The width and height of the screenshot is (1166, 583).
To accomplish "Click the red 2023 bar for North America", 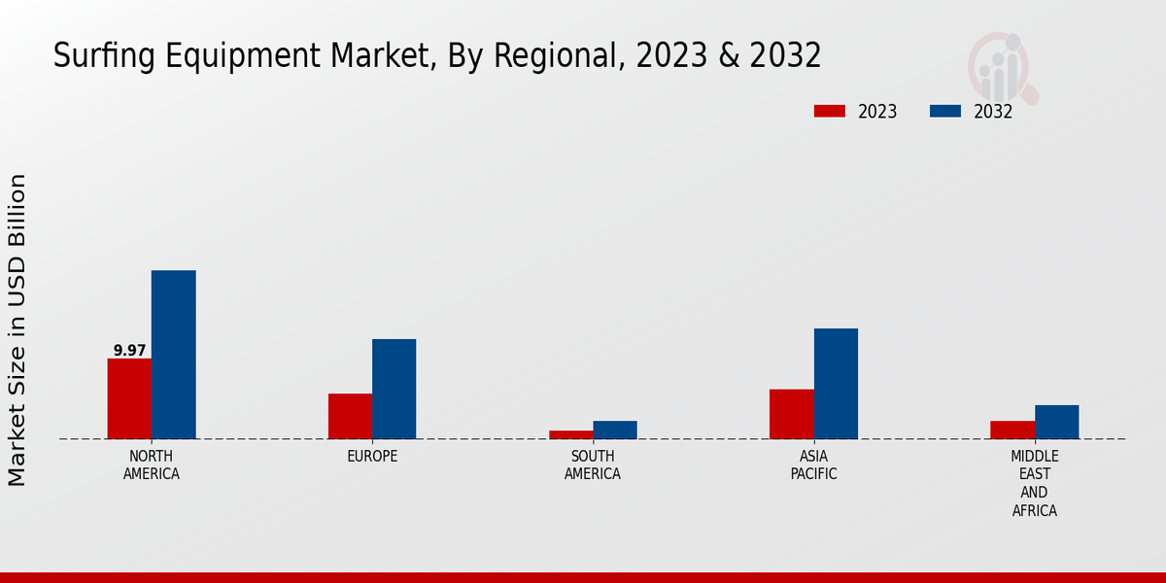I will coord(129,398).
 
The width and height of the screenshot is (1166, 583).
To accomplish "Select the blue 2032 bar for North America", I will coord(173,355).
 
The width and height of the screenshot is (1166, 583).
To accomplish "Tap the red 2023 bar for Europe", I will coord(350,416).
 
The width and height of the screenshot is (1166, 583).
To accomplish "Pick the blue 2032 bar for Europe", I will coord(394,389).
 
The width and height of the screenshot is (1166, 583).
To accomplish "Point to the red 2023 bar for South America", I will coord(570,434).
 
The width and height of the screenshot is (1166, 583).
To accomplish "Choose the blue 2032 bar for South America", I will coord(615,429).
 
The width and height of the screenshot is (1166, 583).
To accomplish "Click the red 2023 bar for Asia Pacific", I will coord(792,414).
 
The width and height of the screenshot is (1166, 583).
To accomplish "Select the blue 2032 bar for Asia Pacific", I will coord(836,384).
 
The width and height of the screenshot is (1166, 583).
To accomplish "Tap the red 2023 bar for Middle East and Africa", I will coord(1012,429).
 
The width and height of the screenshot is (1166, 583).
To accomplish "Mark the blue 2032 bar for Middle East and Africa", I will coord(1056,422).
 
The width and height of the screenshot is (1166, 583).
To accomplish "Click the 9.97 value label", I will coord(129,351).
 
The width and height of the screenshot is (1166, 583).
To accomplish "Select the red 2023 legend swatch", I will coord(829,112).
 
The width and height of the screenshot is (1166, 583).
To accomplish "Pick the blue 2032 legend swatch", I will coord(944,112).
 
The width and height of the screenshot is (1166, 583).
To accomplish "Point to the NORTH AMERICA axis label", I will coord(151,465).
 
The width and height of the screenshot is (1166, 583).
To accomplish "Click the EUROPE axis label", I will coord(372,457).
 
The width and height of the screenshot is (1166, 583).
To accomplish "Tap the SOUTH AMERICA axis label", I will coord(593,465).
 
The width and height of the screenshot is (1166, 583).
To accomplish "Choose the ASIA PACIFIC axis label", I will coord(813,465).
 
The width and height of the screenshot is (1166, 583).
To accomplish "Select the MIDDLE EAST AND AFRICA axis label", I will coord(1034,484).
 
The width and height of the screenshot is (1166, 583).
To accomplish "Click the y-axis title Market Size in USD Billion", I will coord(17,330).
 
